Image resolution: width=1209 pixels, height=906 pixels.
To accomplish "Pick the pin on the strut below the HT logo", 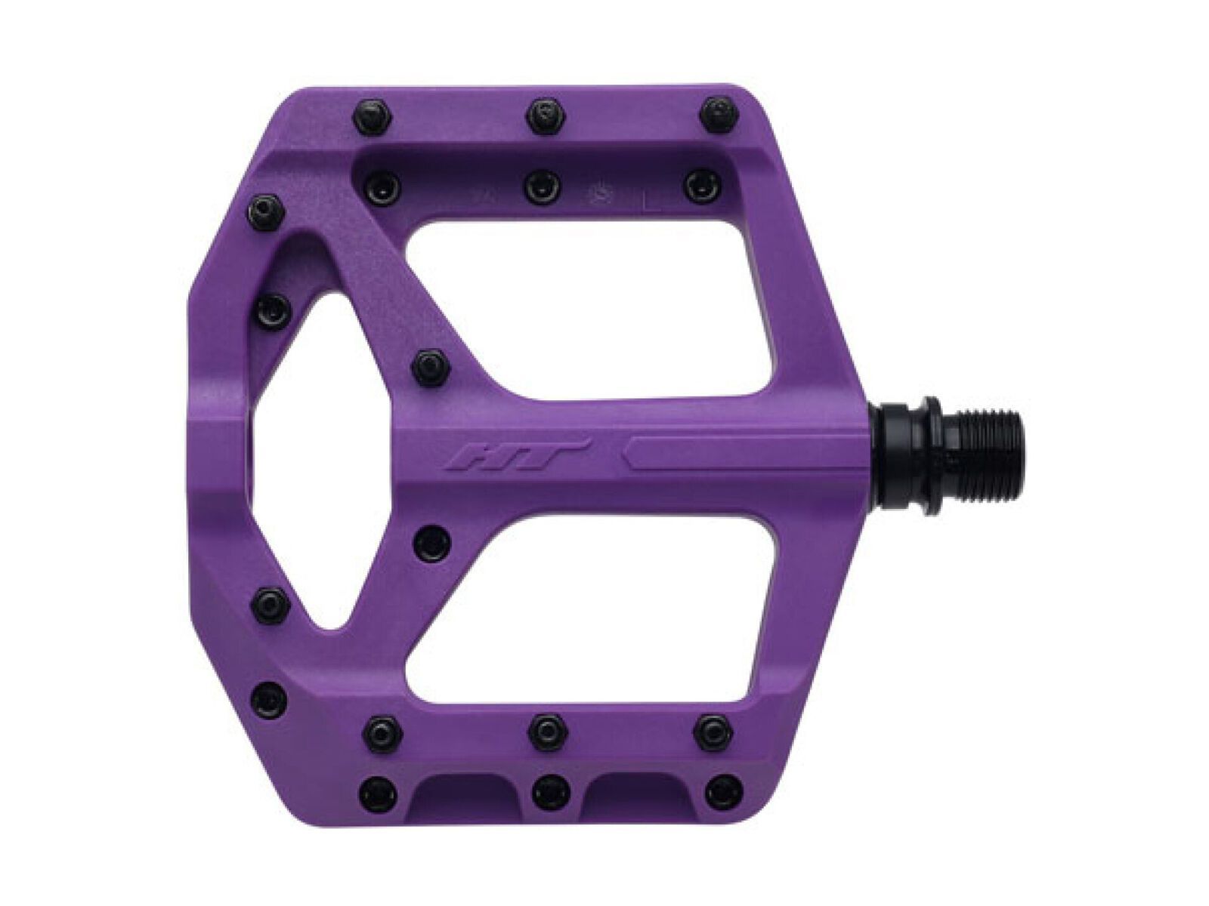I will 434,541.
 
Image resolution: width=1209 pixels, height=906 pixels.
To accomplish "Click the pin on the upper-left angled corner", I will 266,208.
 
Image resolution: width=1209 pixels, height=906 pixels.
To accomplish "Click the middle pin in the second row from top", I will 543,186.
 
